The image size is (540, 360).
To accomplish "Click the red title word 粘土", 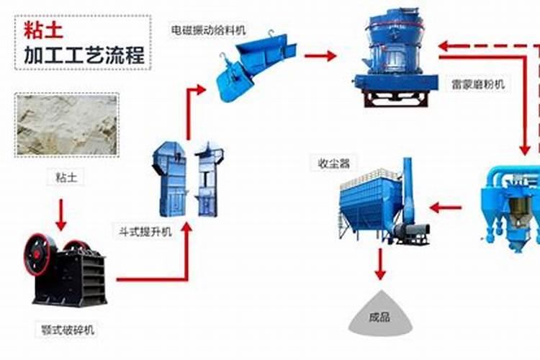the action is [43, 30].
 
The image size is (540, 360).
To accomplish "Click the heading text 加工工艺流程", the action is [84, 55].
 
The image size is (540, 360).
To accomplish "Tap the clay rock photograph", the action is [67, 125].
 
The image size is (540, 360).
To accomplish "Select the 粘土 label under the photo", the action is [66, 178].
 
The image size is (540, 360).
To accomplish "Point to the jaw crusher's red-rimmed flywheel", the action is [37, 254].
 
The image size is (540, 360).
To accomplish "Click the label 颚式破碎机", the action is [68, 330].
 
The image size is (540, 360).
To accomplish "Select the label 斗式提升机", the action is [145, 232].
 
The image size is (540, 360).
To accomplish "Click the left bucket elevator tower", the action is [169, 179].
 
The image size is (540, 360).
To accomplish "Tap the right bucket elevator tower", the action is [207, 179].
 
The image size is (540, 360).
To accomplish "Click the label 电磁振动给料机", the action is [209, 30].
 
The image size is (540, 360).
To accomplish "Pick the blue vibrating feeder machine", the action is [256, 66].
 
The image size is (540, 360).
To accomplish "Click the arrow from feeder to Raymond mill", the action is [320, 55].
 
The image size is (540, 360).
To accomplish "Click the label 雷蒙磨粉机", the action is [478, 84].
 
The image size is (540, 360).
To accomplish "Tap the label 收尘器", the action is [333, 163].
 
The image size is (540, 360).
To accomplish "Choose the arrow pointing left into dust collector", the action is [445, 208].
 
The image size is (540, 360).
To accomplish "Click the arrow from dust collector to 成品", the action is [380, 264].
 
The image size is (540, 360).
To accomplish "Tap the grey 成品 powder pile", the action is [381, 314].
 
